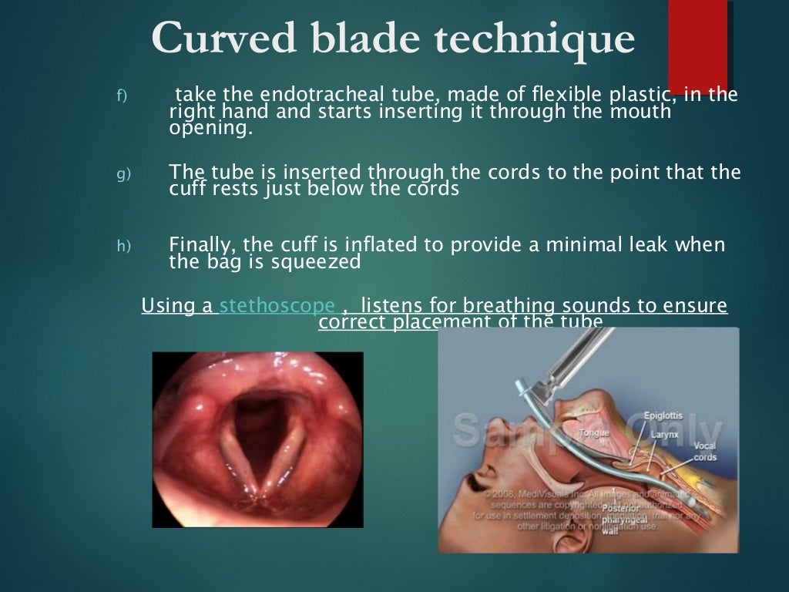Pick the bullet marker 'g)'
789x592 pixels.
click(x=124, y=173)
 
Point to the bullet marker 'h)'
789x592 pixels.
click(x=124, y=246)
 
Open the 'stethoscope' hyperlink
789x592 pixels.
click(x=277, y=305)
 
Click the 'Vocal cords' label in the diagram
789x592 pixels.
click(x=704, y=452)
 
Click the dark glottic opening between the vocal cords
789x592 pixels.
click(x=257, y=432)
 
